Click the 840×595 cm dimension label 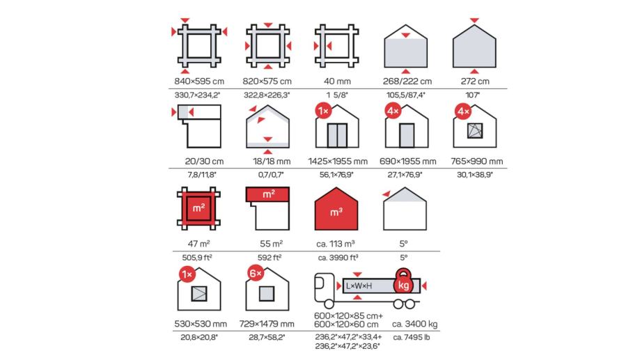(x=199, y=81)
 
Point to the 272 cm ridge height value (x=475, y=81)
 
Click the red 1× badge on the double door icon (x=323, y=111)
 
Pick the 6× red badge (x=256, y=273)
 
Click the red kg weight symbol (x=403, y=281)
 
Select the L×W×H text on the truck (x=359, y=285)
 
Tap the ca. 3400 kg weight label (x=414, y=324)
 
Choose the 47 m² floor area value (x=198, y=244)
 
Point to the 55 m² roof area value (x=272, y=244)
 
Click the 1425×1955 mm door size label (x=338, y=162)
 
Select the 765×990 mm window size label (x=477, y=162)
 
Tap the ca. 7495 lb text (x=412, y=337)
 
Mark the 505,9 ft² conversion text (x=197, y=258)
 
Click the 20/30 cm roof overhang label (x=204, y=162)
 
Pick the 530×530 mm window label (x=201, y=324)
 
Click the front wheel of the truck (x=329, y=304)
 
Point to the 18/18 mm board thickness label (x=272, y=162)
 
